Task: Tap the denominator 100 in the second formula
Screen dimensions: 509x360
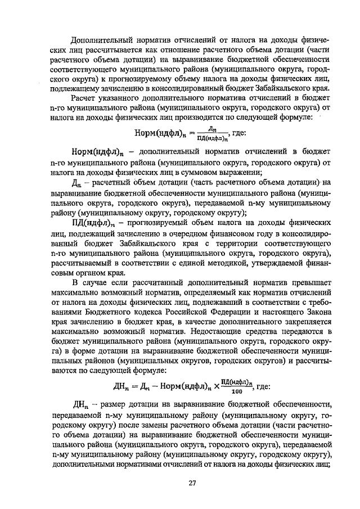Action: (x=236, y=392)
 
